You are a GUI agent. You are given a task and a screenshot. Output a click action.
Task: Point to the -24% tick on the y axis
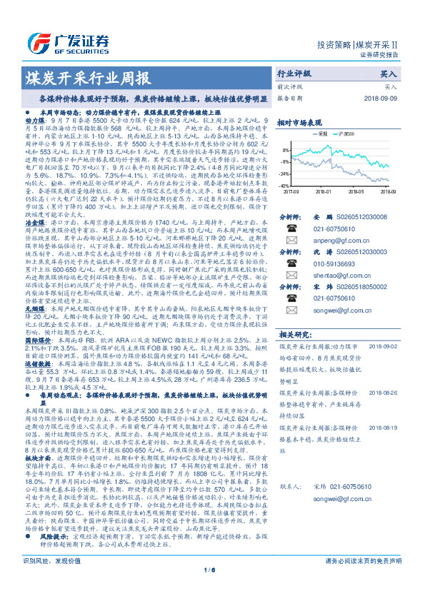[285, 173]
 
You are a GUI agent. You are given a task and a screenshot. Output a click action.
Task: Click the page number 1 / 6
[212, 589]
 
